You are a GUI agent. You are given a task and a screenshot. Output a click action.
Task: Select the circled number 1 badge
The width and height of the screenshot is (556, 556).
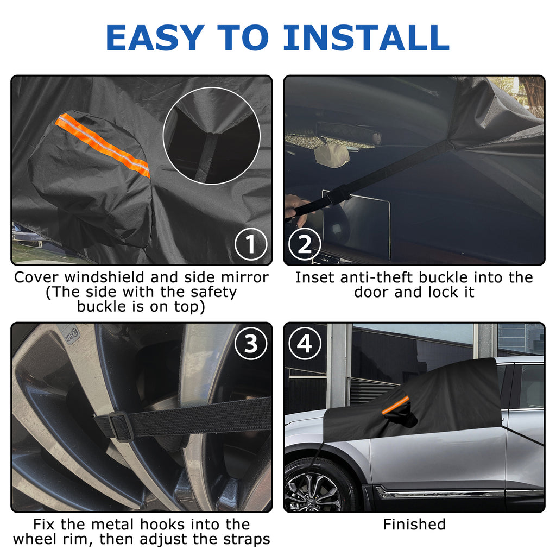(x=251, y=244)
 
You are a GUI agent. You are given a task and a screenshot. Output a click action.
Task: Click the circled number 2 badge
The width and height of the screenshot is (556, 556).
(x=305, y=244)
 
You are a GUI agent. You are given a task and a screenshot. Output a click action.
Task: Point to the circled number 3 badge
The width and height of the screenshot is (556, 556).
(x=251, y=344)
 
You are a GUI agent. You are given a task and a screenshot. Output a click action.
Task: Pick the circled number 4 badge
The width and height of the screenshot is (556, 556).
(x=305, y=344)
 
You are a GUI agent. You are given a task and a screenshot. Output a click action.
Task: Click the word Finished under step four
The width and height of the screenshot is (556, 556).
(x=414, y=525)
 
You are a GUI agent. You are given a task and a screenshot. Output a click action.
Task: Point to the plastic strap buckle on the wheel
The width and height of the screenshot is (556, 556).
(x=121, y=427)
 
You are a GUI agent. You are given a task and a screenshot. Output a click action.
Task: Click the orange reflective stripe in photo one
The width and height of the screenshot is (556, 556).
(x=103, y=145)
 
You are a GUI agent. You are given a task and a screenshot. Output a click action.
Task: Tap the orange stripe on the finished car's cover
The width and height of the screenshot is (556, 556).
(x=395, y=405)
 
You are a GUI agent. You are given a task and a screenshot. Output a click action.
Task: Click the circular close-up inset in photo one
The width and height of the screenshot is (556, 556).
(x=212, y=136)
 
